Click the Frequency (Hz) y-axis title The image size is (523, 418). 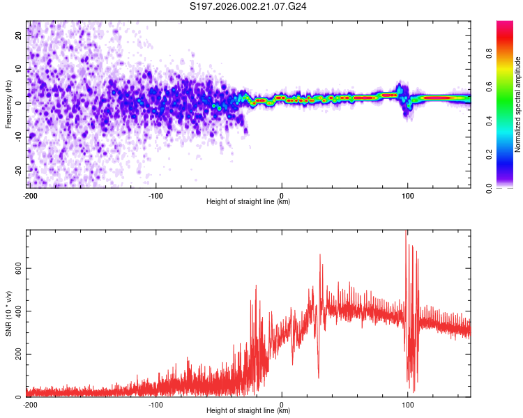[x=8, y=104]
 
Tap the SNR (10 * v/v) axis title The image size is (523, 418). [x=8, y=313]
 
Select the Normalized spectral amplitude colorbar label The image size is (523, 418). [x=517, y=105]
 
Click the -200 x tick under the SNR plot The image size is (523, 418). [x=29, y=404]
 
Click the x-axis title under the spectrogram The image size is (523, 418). [x=248, y=202]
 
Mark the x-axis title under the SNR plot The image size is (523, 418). [x=248, y=411]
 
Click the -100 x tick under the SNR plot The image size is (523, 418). [x=155, y=404]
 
